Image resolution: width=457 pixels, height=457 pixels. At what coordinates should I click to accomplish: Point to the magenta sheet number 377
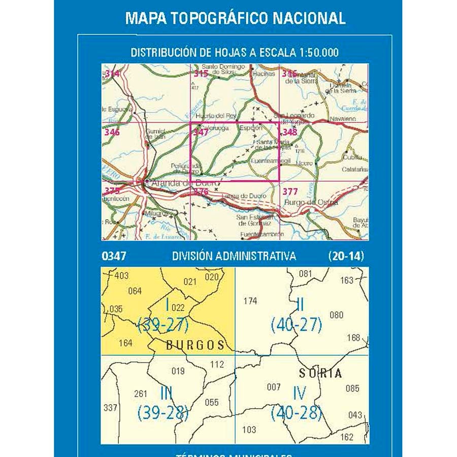pos(290,191)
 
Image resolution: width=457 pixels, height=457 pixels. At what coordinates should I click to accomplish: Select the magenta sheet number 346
pos(112,133)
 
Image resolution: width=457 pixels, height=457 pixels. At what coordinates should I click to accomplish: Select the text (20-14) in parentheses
pos(346,256)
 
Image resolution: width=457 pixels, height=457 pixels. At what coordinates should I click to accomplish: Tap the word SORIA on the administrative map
pos(320,373)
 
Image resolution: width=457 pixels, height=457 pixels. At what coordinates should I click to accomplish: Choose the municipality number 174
pos(250,301)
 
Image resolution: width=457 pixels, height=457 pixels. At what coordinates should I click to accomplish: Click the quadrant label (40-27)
pos(297,324)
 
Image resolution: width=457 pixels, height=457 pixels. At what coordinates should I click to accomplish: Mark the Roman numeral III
pos(166,394)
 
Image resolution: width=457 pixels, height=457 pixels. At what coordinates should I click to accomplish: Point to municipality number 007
pos(274,387)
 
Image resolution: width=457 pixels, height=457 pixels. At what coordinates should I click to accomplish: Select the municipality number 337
pos(110,407)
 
